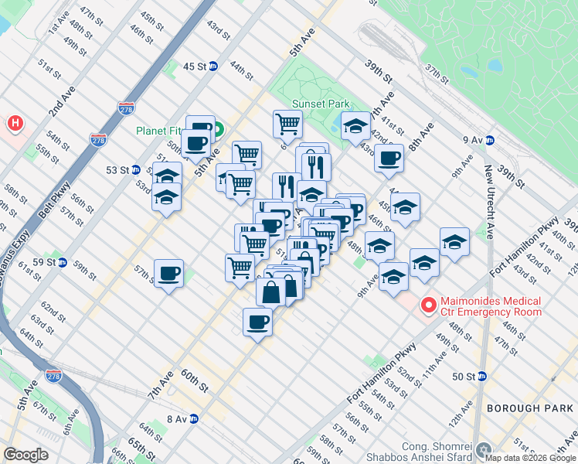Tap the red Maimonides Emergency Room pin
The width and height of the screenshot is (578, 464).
[427, 305]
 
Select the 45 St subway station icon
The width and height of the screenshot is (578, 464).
[212, 67]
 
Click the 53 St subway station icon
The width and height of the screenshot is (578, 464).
[136, 169]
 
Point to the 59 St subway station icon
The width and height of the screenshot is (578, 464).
[62, 262]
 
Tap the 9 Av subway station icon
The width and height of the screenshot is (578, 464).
[490, 140]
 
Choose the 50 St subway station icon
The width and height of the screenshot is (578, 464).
[482, 377]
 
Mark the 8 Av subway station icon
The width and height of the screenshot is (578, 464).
[194, 419]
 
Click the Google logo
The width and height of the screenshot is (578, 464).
[26, 455]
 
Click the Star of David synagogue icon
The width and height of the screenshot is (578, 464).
[484, 449]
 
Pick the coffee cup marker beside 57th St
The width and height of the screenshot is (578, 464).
[168, 274]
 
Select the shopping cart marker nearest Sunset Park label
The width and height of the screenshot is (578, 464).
[287, 123]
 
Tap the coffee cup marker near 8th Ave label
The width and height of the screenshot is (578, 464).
[389, 158]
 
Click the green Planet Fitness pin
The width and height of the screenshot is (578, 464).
[218, 129]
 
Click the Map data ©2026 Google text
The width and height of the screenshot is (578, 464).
[530, 457]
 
